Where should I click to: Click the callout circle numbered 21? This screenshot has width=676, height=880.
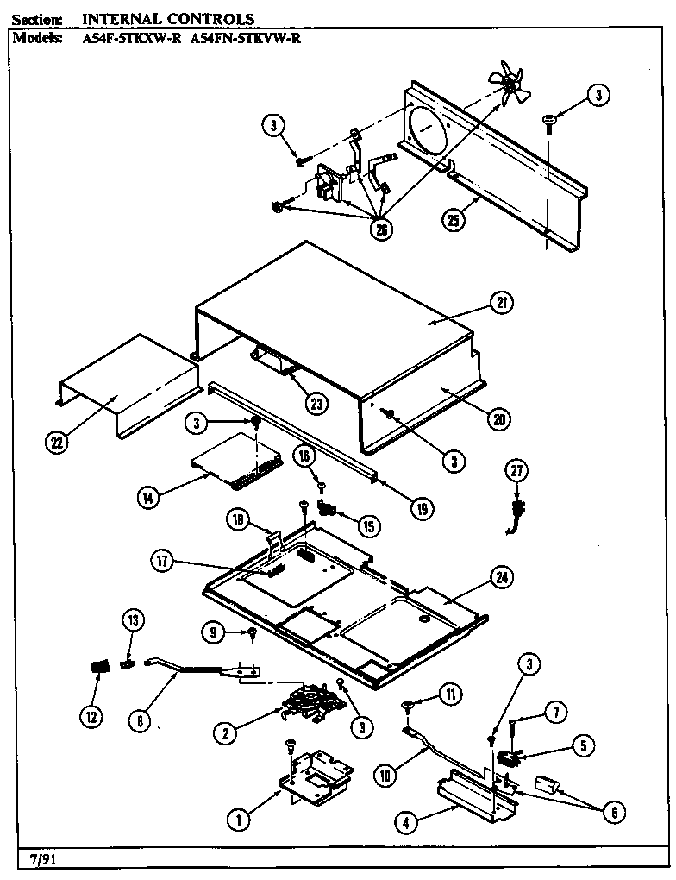pos(501,303)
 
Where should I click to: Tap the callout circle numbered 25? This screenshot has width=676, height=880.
pos(454,221)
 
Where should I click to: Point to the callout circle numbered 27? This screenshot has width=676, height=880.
pos(516,471)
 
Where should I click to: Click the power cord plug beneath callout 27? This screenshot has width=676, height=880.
pos(519,511)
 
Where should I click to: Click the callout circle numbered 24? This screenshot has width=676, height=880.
pos(500,576)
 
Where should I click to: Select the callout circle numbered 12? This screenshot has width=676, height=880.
pos(91,715)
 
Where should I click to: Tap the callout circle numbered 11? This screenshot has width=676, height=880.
pos(449,692)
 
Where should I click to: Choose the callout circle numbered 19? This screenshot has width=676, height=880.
pos(421,509)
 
